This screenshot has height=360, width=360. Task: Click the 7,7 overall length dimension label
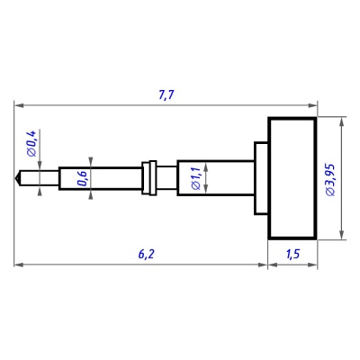(x=166, y=94)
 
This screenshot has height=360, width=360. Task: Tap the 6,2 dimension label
(x=147, y=254)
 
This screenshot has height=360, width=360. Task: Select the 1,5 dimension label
(x=292, y=254)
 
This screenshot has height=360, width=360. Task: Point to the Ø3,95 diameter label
(x=330, y=180)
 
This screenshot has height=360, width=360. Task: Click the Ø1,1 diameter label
(x=195, y=178)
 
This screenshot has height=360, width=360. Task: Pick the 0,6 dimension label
(x=82, y=178)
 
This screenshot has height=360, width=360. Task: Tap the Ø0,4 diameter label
(x=31, y=143)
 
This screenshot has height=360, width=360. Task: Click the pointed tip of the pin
(x=15, y=179)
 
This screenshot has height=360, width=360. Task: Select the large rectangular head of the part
(x=292, y=178)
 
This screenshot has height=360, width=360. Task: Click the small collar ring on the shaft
(x=149, y=178)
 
